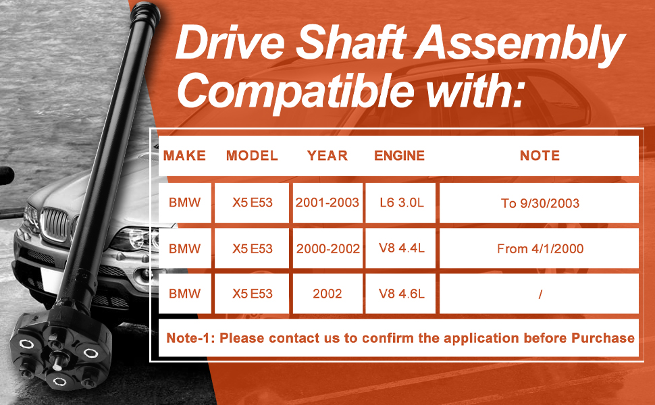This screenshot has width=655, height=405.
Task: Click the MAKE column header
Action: pos(184,155)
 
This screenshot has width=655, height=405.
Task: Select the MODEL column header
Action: pos(252,155)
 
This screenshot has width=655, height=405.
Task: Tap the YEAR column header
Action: pos(327,155)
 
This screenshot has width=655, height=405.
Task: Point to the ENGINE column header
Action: pos(399,155)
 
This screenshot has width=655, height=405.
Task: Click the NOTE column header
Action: pos(540,155)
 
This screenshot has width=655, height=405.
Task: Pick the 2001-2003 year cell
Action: pos(327,202)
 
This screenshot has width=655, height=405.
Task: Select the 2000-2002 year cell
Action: pos(327,248)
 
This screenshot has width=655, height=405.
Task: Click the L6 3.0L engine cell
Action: pos(400,202)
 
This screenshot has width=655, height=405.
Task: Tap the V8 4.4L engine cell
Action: pos(400,248)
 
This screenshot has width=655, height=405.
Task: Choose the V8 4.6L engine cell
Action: pos(400,294)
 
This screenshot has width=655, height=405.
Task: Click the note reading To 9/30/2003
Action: pos(540,203)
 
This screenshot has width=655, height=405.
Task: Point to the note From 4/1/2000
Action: pos(540,249)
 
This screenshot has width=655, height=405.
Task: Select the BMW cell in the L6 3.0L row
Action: pos(184,202)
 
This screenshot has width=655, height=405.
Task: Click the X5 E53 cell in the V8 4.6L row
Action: pos(252,294)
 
